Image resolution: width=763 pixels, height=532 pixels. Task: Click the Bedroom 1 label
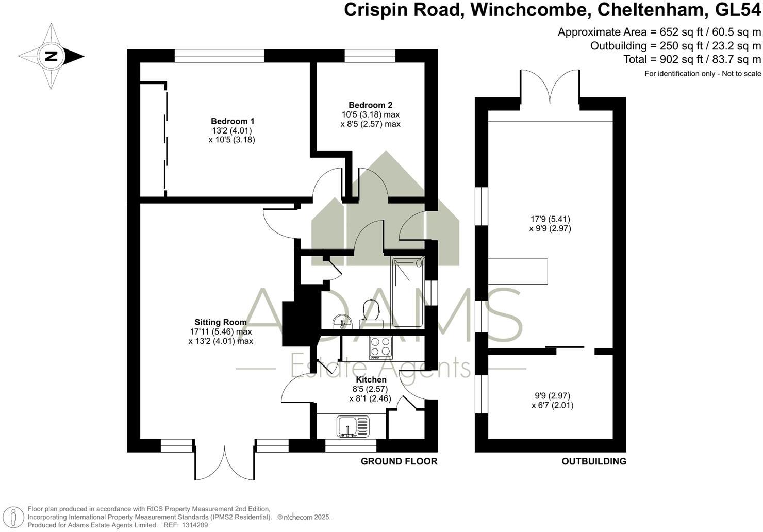(233, 121)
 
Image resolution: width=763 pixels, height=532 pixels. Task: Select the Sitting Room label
(221, 322)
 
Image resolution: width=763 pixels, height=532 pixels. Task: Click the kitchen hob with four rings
(380, 347)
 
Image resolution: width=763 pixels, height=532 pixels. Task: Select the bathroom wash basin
(341, 322)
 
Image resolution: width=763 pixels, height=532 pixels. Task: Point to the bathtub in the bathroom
(407, 291)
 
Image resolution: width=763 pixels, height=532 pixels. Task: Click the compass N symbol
(51, 56)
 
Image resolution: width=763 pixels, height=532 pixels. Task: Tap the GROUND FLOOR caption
(399, 461)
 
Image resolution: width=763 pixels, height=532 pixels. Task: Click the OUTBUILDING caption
(594, 461)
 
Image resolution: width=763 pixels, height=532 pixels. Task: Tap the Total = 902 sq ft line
(692, 59)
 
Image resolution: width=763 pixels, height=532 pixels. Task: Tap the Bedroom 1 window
(220, 56)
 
